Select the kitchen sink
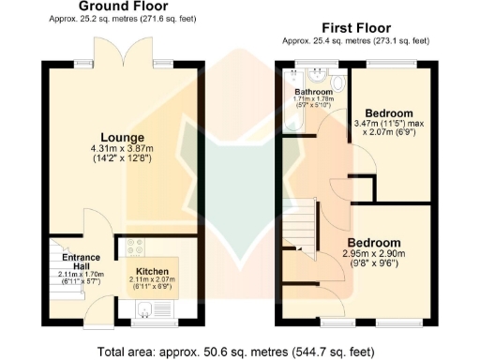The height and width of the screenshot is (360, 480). [150, 307]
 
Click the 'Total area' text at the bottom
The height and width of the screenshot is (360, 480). [240, 349]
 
